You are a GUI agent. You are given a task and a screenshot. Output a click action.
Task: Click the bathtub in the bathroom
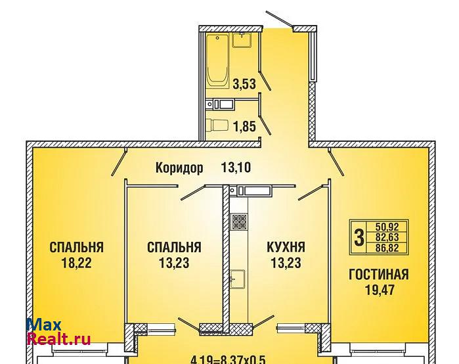click(217, 61)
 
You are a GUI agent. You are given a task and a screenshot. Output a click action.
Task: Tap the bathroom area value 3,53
click(244, 83)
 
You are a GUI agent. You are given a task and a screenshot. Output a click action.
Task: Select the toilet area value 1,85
click(244, 127)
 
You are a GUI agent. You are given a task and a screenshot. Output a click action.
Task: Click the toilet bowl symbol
click(217, 125)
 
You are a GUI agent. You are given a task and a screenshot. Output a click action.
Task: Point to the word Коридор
click(179, 168)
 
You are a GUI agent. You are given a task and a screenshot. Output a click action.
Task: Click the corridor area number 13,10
click(236, 168)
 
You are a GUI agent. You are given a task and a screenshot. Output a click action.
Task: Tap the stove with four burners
click(239, 221)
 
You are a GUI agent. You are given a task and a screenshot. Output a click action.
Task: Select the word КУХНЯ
click(286, 247)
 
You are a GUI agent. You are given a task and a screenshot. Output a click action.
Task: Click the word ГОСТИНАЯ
click(378, 275)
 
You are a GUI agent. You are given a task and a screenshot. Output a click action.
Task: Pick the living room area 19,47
click(380, 290)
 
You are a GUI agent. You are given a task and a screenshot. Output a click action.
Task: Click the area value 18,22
click(76, 263)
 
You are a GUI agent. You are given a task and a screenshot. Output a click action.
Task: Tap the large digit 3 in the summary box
click(359, 237)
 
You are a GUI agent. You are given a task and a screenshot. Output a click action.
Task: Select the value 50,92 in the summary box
click(387, 227)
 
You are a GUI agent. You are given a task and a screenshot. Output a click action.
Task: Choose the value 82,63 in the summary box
click(387, 237)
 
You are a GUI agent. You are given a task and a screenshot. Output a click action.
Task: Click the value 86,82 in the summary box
click(387, 248)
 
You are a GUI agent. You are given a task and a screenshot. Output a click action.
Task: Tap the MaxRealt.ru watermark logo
click(58, 332)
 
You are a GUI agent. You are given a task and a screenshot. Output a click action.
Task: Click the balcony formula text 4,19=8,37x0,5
click(228, 359)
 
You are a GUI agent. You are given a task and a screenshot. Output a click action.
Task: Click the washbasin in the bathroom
click(242, 41)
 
